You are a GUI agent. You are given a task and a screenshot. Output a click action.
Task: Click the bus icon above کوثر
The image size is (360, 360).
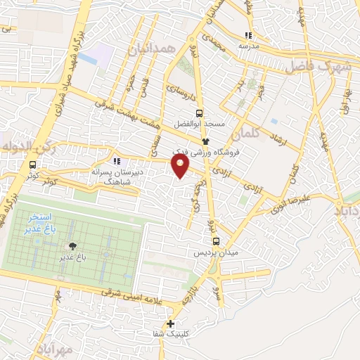tap(33, 165)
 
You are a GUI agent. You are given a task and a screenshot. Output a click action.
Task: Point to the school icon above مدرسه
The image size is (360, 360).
tap(247, 35)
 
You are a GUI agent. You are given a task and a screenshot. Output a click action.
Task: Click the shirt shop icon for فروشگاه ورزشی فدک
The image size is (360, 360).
tap(205, 141)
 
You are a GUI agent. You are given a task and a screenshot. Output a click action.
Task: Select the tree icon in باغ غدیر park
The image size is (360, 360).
tap(71, 246)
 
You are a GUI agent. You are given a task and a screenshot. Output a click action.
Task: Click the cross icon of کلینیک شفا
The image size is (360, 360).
tap(170, 323)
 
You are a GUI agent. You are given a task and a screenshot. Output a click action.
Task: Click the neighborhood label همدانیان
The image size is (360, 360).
tap(150, 49)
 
